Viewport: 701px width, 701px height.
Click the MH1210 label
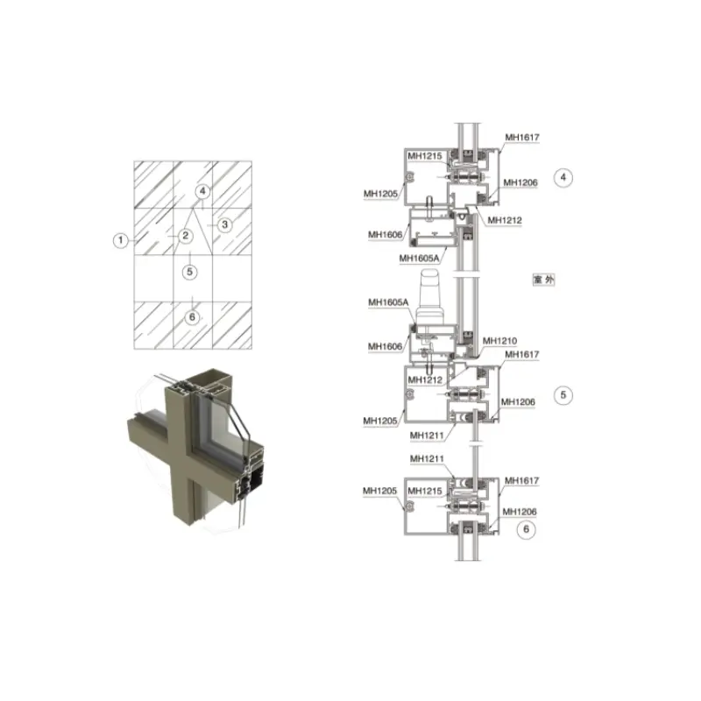pos(499,341)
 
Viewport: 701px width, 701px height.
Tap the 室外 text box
pos(543,280)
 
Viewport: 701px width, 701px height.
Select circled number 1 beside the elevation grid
pos(120,240)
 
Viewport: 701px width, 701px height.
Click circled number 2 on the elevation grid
pos(186,236)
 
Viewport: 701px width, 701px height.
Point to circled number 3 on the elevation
pos(225,224)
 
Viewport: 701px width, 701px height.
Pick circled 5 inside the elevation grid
pos(189,272)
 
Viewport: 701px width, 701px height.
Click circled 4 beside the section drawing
pos(563,178)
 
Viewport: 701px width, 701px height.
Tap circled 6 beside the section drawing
pos(527,529)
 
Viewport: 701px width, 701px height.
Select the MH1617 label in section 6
pos(521,480)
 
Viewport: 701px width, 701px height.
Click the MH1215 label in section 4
pos(425,156)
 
